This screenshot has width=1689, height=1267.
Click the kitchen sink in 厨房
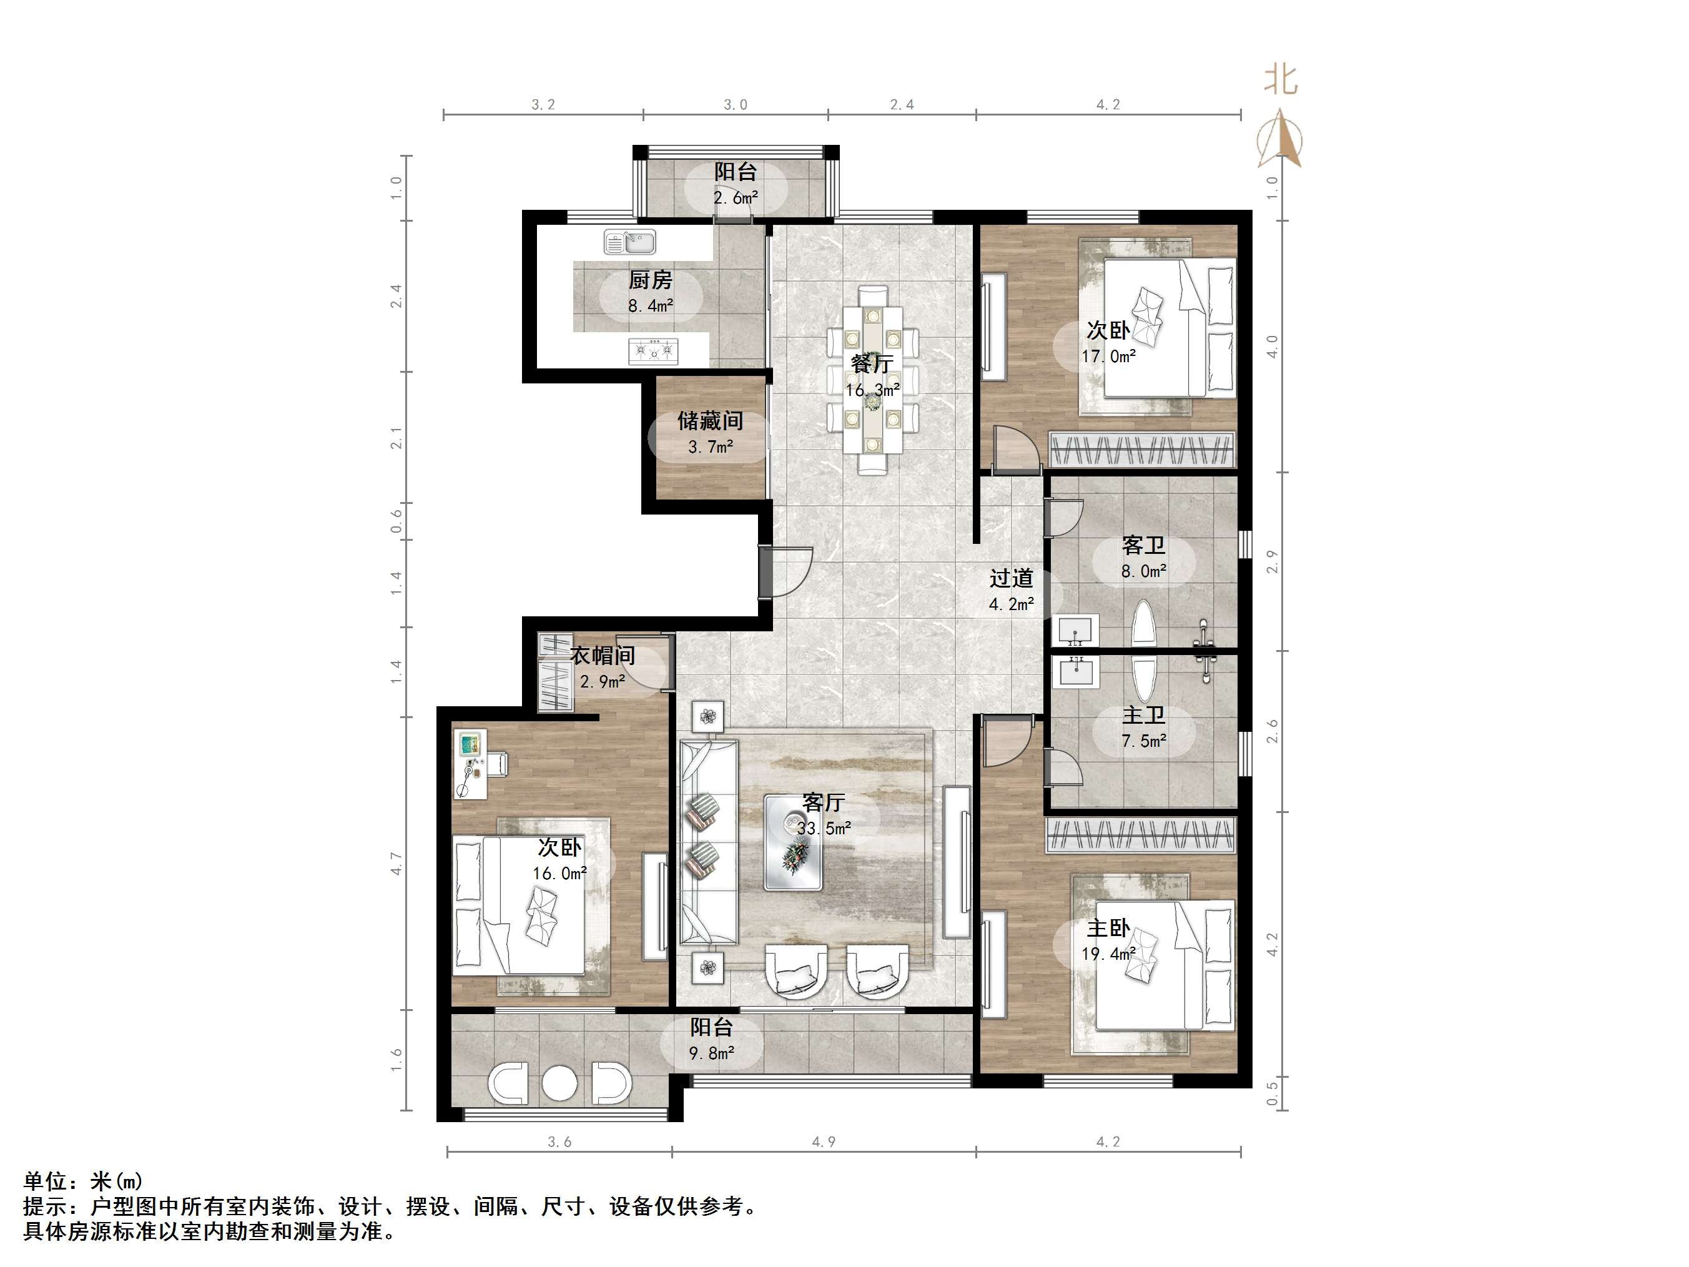click(x=629, y=242)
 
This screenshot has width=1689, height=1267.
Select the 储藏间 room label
click(x=710, y=421)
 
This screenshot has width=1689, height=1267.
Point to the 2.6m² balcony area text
click(x=736, y=199)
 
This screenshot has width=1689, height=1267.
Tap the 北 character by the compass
click(x=1281, y=80)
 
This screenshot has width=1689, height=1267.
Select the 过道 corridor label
click(x=1011, y=578)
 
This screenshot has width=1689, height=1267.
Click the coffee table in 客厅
click(x=794, y=842)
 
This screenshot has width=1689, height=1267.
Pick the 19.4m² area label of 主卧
click(x=1108, y=954)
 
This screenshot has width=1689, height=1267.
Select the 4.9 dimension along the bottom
click(x=823, y=1141)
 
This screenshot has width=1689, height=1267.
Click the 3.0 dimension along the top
click(x=736, y=105)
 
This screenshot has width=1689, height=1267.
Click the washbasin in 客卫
click(x=1076, y=631)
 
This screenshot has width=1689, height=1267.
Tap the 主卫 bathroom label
click(x=1143, y=715)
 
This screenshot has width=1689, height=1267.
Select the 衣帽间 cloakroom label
click(x=603, y=655)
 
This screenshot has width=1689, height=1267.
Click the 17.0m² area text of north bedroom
click(x=1108, y=357)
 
